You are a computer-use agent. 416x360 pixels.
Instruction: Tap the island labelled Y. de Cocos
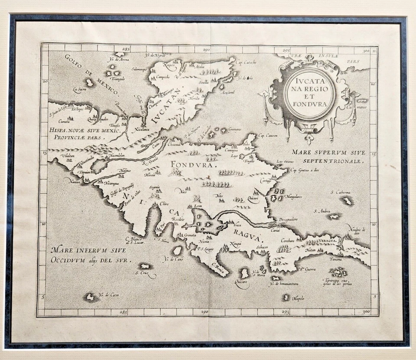pyautogui.click(x=91, y=297)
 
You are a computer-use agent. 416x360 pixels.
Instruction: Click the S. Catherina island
pyautogui.click(x=347, y=201)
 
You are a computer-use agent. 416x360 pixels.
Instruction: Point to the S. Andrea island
pyautogui.click(x=334, y=216)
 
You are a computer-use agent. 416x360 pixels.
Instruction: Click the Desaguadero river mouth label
pyautogui.click(x=288, y=220)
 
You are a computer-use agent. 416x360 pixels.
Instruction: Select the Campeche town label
pyautogui.click(x=162, y=78)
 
